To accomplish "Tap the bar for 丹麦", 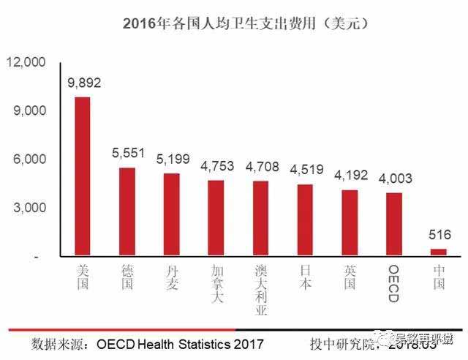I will click(171, 215).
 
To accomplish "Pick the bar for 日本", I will click(306, 220).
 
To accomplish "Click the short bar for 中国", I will click(439, 252).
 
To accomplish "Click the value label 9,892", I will click(83, 83).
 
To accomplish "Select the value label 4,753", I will click(216, 166).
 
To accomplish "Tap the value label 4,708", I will click(261, 166).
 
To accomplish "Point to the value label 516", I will click(439, 236).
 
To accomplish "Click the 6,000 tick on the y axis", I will click(29, 160).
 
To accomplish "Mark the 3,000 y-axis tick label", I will click(29, 208).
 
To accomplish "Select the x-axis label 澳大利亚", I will click(261, 289).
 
